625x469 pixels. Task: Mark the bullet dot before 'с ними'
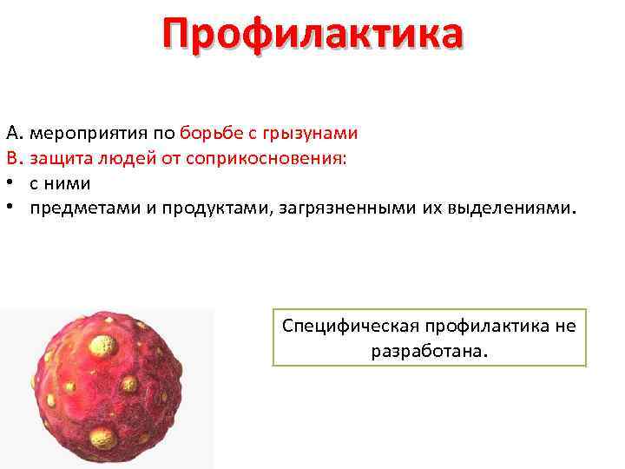coord(10,184)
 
